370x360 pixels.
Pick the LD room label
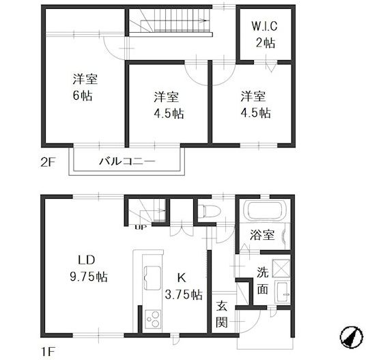[x=85, y=260]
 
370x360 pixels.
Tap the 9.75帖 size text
[x=87, y=277]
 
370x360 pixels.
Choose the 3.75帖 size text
[x=182, y=295]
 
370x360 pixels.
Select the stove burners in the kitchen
[x=153, y=318]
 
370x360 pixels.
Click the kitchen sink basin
[x=151, y=277]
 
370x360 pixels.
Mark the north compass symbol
[x=350, y=337]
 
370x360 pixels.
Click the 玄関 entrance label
[x=222, y=314]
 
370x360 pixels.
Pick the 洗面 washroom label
[x=263, y=279]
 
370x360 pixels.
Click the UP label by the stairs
[x=142, y=225]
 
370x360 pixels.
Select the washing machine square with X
[x=279, y=266]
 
